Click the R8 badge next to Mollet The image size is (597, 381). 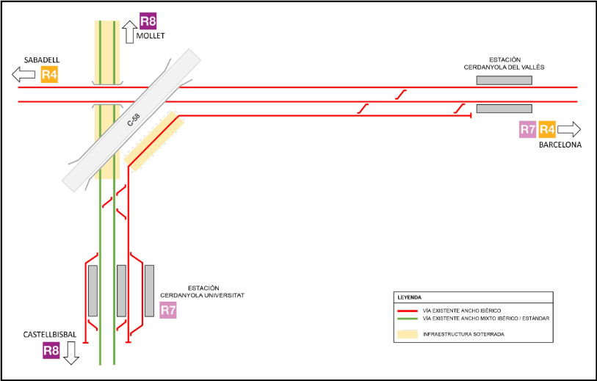[148, 21]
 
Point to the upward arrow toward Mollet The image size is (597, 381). [130, 32]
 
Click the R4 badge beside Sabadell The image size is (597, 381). [49, 74]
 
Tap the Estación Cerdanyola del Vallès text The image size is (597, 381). [503, 64]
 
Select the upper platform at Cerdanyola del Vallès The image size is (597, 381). [504, 79]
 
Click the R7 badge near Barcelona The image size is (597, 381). [527, 130]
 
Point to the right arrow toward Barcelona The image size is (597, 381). [568, 130]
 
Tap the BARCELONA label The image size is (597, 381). [560, 145]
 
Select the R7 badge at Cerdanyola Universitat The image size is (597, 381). [168, 310]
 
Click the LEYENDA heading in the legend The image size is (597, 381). [410, 297]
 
